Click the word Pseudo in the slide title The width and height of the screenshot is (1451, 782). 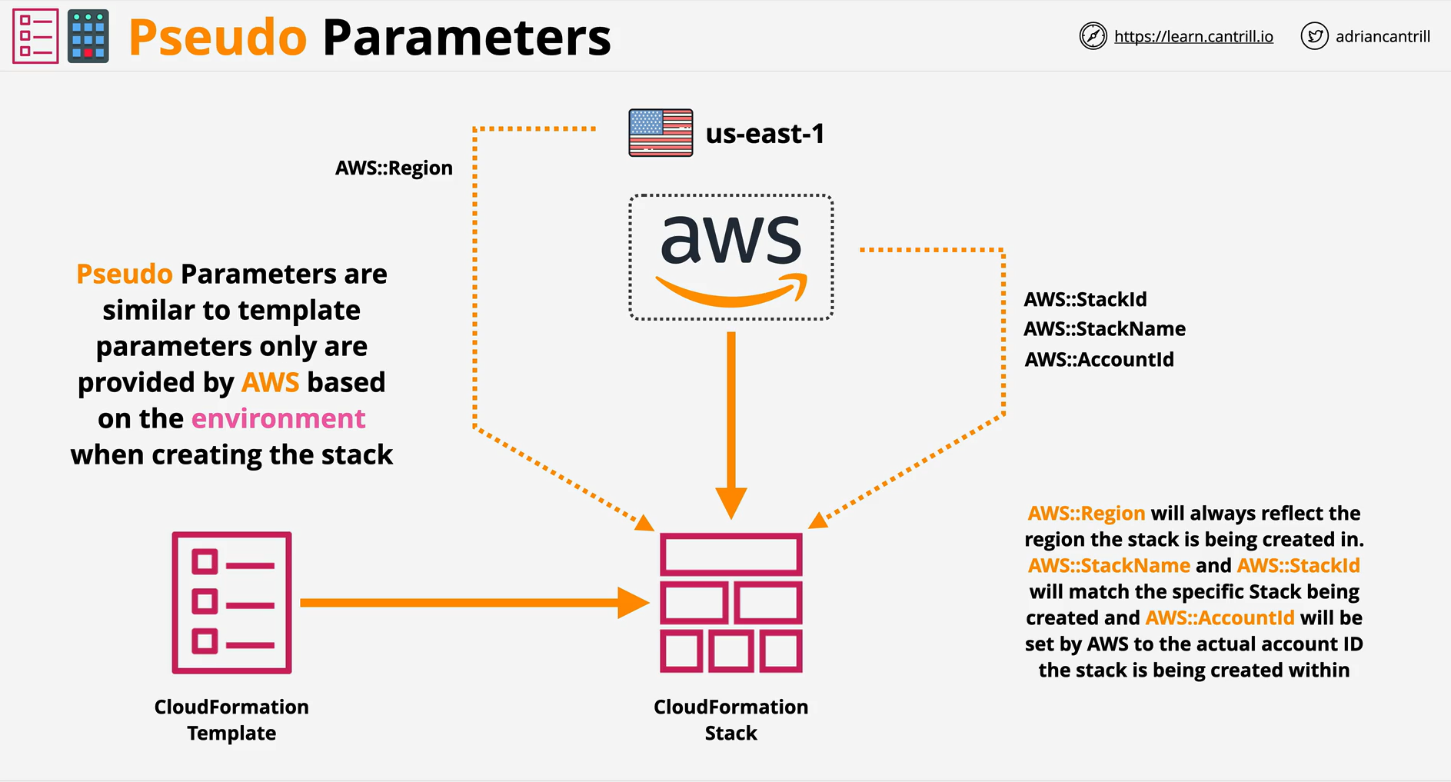(x=218, y=38)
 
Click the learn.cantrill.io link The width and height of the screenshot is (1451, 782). (x=1193, y=36)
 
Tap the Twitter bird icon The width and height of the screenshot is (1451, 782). (x=1314, y=36)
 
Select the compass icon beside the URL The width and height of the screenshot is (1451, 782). (x=1093, y=36)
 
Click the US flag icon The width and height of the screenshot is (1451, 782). (x=661, y=133)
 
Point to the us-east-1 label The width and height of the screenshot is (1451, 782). (x=765, y=134)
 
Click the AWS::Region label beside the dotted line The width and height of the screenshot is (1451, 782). (x=394, y=168)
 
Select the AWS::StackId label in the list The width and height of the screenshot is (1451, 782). (x=1085, y=299)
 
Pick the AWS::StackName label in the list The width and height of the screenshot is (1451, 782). (x=1104, y=329)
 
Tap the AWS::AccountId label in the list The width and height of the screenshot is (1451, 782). (x=1099, y=359)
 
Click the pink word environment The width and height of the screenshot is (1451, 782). (x=278, y=419)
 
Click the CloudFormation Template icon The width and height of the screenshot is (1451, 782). (x=231, y=603)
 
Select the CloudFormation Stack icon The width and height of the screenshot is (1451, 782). (x=731, y=603)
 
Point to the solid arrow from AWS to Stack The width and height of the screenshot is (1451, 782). (x=731, y=425)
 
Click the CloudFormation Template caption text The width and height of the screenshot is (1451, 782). (x=231, y=720)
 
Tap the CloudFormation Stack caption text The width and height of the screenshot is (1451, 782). (x=731, y=720)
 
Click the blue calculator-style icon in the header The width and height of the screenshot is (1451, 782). (x=88, y=36)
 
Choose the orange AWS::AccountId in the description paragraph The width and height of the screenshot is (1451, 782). (x=1220, y=618)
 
